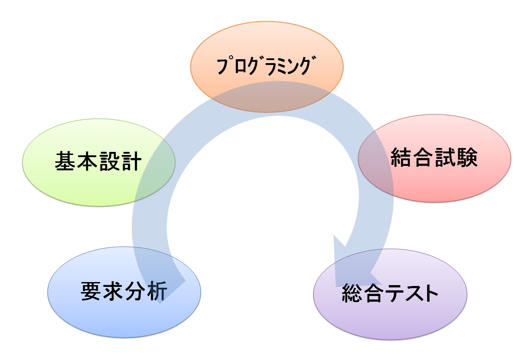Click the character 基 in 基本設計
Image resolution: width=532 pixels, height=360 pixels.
66,162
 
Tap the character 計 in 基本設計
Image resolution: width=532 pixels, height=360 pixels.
131,162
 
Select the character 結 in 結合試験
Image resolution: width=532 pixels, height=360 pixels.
402,158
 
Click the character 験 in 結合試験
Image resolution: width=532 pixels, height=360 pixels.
467,158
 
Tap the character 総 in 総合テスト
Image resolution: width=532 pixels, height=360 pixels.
352,294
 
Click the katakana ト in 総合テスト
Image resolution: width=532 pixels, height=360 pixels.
428,294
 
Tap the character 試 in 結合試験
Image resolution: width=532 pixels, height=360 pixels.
445,158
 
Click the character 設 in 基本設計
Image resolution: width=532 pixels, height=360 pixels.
109,162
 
